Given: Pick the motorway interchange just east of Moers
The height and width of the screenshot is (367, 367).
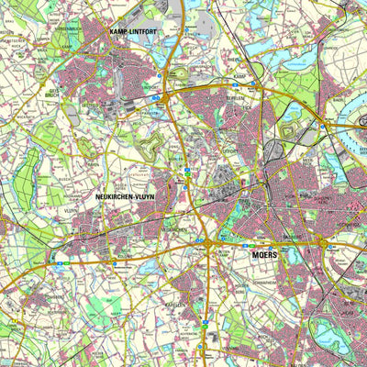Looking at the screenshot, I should click(323, 243).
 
